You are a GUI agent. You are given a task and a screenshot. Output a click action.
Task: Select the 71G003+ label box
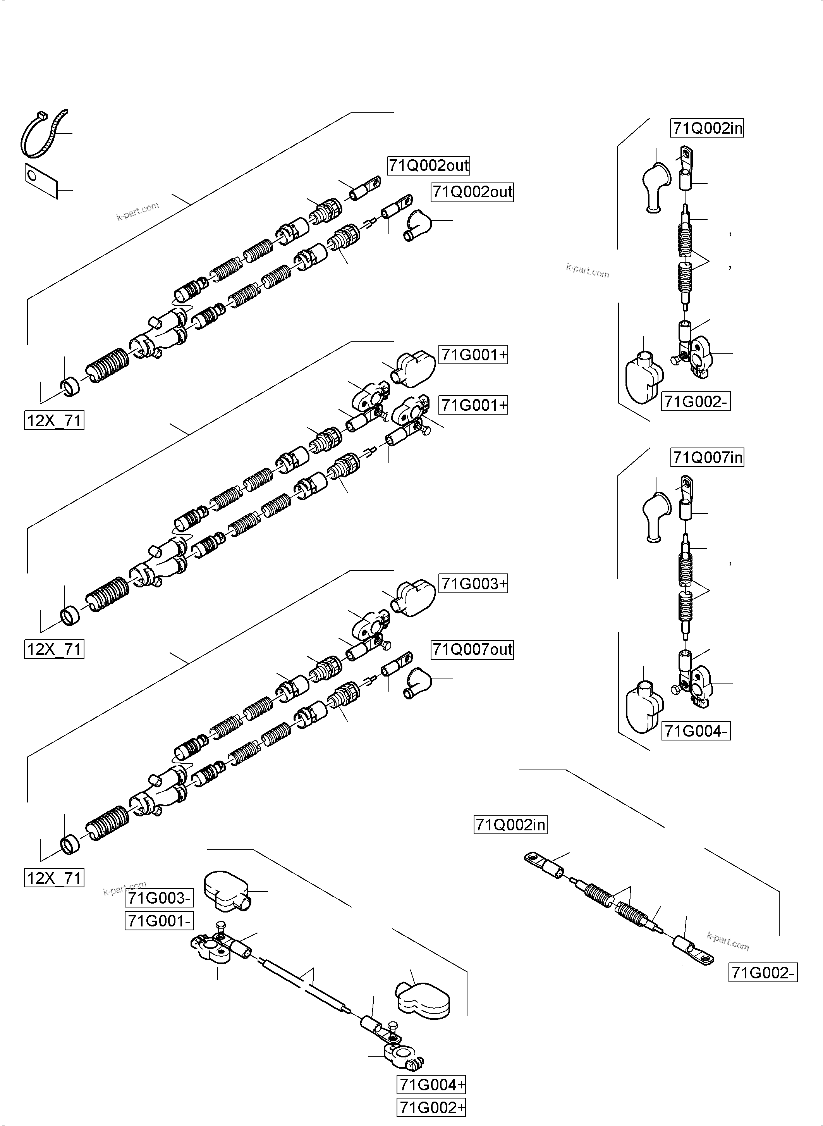[473, 583]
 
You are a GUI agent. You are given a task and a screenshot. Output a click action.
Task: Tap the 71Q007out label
[472, 649]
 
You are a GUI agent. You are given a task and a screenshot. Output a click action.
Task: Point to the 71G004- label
[696, 731]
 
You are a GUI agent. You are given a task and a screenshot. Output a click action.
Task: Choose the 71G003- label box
[159, 898]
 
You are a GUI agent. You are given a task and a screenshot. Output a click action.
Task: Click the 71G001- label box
[159, 921]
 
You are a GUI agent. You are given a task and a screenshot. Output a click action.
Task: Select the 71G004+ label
[431, 1085]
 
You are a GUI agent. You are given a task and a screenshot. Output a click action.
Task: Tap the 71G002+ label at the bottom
[431, 1107]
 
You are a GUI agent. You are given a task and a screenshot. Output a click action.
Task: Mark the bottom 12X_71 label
[54, 877]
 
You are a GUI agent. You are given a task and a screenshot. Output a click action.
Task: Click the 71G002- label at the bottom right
[763, 973]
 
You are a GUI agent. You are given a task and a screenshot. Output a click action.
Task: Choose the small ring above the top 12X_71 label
[70, 387]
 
